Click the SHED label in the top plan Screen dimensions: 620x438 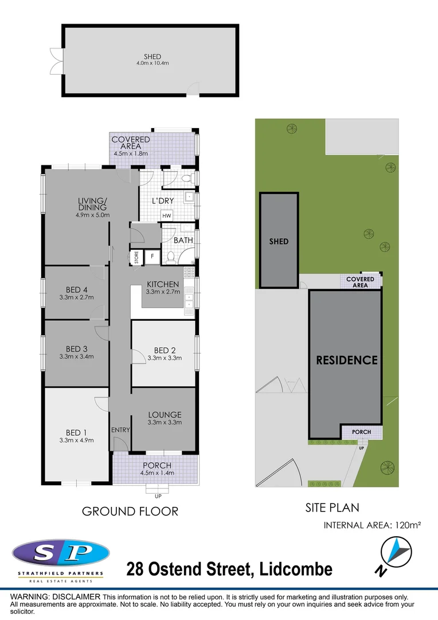point(152,57)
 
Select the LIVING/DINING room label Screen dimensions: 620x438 point(92,204)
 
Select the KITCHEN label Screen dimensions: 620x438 point(163,284)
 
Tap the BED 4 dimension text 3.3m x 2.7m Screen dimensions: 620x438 point(76,297)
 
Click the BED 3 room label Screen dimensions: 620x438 point(76,348)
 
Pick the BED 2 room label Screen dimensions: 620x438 point(164,350)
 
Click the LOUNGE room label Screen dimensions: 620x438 point(165,414)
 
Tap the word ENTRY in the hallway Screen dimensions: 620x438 point(121,429)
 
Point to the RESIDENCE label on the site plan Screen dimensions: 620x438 point(347,360)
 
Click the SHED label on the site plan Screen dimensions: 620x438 point(279,241)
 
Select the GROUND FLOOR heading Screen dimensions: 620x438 point(130,511)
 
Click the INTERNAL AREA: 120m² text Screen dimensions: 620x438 point(373,525)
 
